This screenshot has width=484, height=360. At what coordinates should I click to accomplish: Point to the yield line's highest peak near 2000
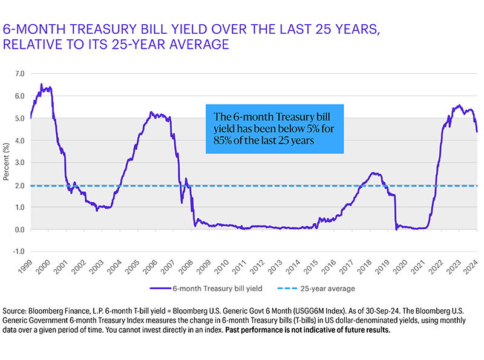[41, 84]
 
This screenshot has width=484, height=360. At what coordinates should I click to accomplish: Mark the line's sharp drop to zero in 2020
[396, 229]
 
